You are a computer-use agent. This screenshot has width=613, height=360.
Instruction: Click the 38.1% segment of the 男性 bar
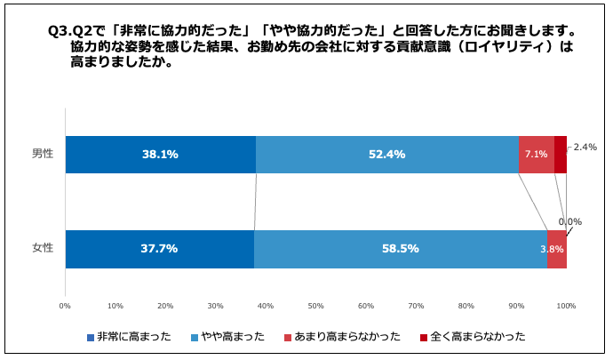pyautogui.click(x=160, y=155)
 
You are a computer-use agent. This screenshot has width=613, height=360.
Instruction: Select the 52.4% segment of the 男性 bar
pyautogui.click(x=386, y=155)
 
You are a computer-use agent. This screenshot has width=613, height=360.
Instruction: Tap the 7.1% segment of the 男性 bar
pyautogui.click(x=536, y=155)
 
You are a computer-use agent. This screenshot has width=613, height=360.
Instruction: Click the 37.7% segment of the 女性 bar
pyautogui.click(x=159, y=249)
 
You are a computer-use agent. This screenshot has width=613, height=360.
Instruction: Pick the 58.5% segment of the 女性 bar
pyautogui.click(x=400, y=249)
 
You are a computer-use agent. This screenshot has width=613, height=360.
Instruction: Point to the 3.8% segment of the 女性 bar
pyautogui.click(x=556, y=249)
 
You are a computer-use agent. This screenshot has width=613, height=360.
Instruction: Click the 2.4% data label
pyautogui.click(x=585, y=148)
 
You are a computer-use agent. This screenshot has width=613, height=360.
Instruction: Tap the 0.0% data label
pyautogui.click(x=569, y=222)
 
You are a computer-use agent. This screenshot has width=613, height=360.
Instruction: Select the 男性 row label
pyautogui.click(x=43, y=154)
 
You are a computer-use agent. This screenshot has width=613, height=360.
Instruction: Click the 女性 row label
pyautogui.click(x=43, y=248)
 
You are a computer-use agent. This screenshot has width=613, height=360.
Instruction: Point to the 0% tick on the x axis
pyautogui.click(x=65, y=306)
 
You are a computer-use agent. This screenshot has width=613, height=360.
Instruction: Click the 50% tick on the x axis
pyautogui.click(x=315, y=306)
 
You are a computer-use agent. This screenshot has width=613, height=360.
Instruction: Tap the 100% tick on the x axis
pyautogui.click(x=566, y=306)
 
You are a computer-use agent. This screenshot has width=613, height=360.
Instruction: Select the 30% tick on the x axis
pyautogui.click(x=215, y=306)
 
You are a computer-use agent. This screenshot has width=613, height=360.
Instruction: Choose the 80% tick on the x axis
pyautogui.click(x=466, y=306)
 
